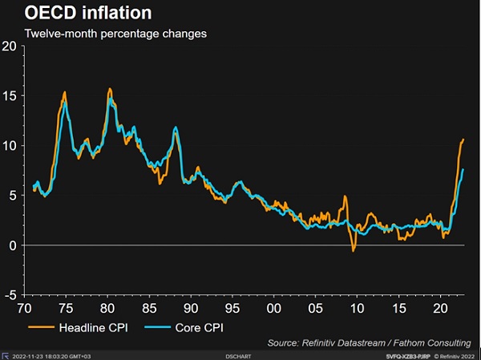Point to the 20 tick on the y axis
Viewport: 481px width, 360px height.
(9, 46)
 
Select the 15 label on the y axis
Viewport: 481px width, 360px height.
(9, 96)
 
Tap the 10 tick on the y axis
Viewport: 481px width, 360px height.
(9, 146)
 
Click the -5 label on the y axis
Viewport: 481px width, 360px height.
(9, 295)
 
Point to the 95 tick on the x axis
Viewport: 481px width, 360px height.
(232, 308)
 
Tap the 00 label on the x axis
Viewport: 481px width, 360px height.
(274, 308)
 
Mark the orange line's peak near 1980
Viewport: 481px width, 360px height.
(109, 89)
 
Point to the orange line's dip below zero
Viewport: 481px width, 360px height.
(354, 251)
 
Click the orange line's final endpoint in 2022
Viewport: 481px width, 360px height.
(463, 140)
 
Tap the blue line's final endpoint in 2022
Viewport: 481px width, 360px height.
(463, 170)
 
